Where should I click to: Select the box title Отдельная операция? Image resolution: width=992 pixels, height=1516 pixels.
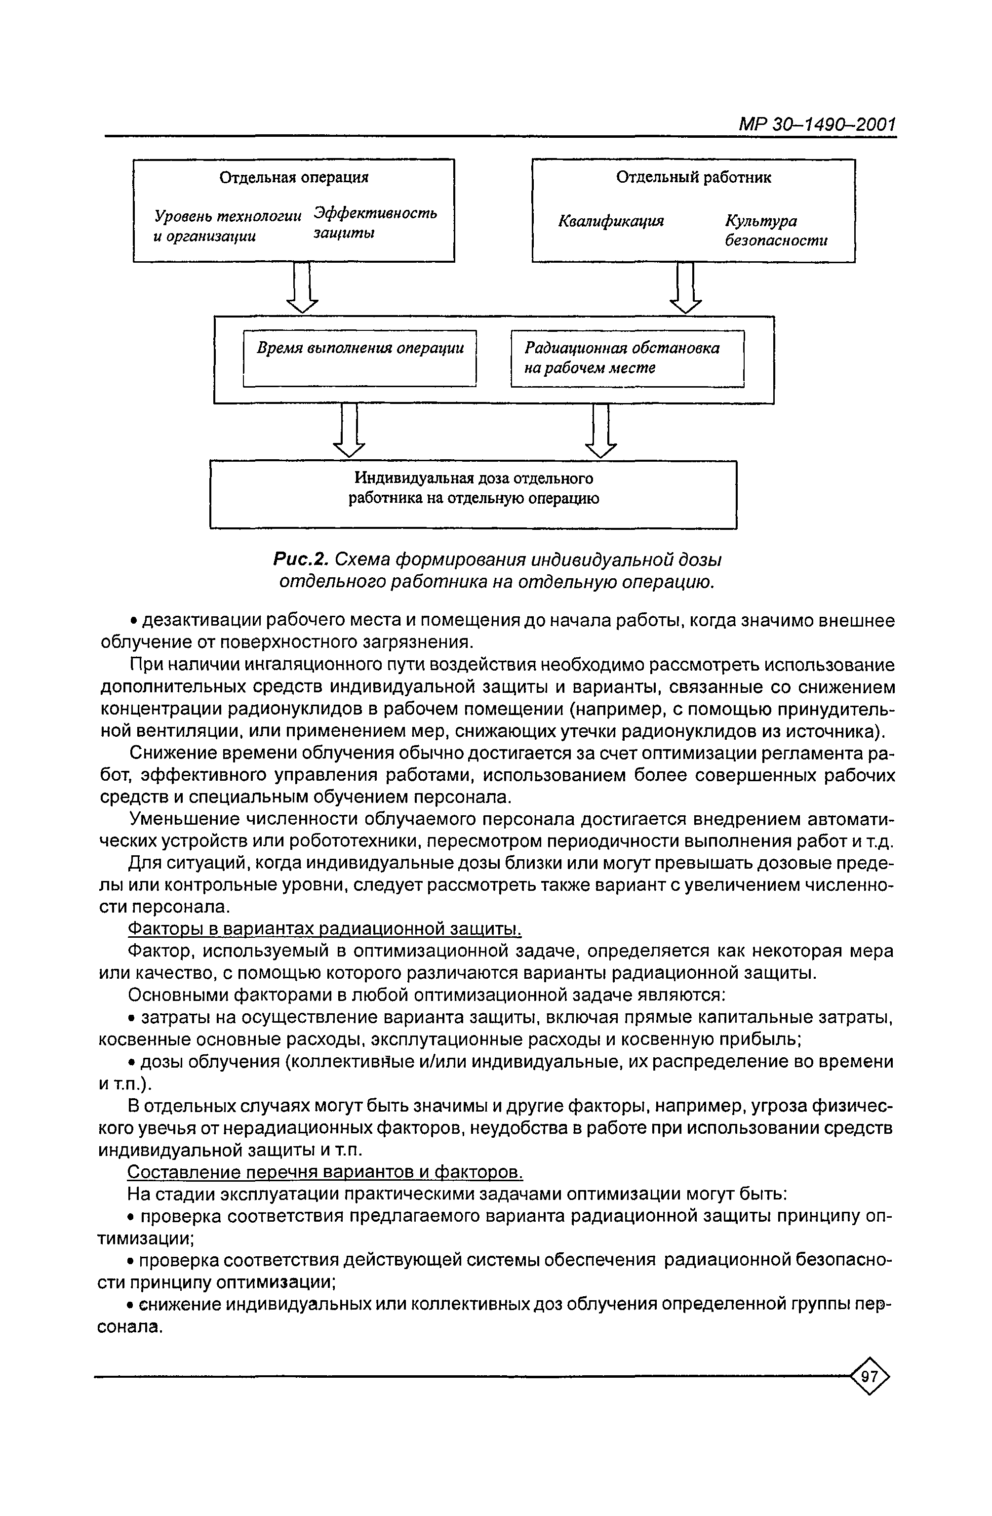pos(294,177)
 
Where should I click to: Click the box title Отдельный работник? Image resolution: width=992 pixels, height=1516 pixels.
pos(693,177)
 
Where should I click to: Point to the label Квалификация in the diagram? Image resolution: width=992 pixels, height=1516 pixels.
pos(610,221)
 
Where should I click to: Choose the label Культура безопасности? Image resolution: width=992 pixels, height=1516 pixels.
pos(775,230)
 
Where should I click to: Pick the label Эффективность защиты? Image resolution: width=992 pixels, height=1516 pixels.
pos(375,222)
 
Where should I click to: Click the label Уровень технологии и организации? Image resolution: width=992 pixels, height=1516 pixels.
pos(227,226)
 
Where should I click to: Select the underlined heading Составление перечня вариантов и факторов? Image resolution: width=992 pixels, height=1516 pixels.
pos(325,1172)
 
